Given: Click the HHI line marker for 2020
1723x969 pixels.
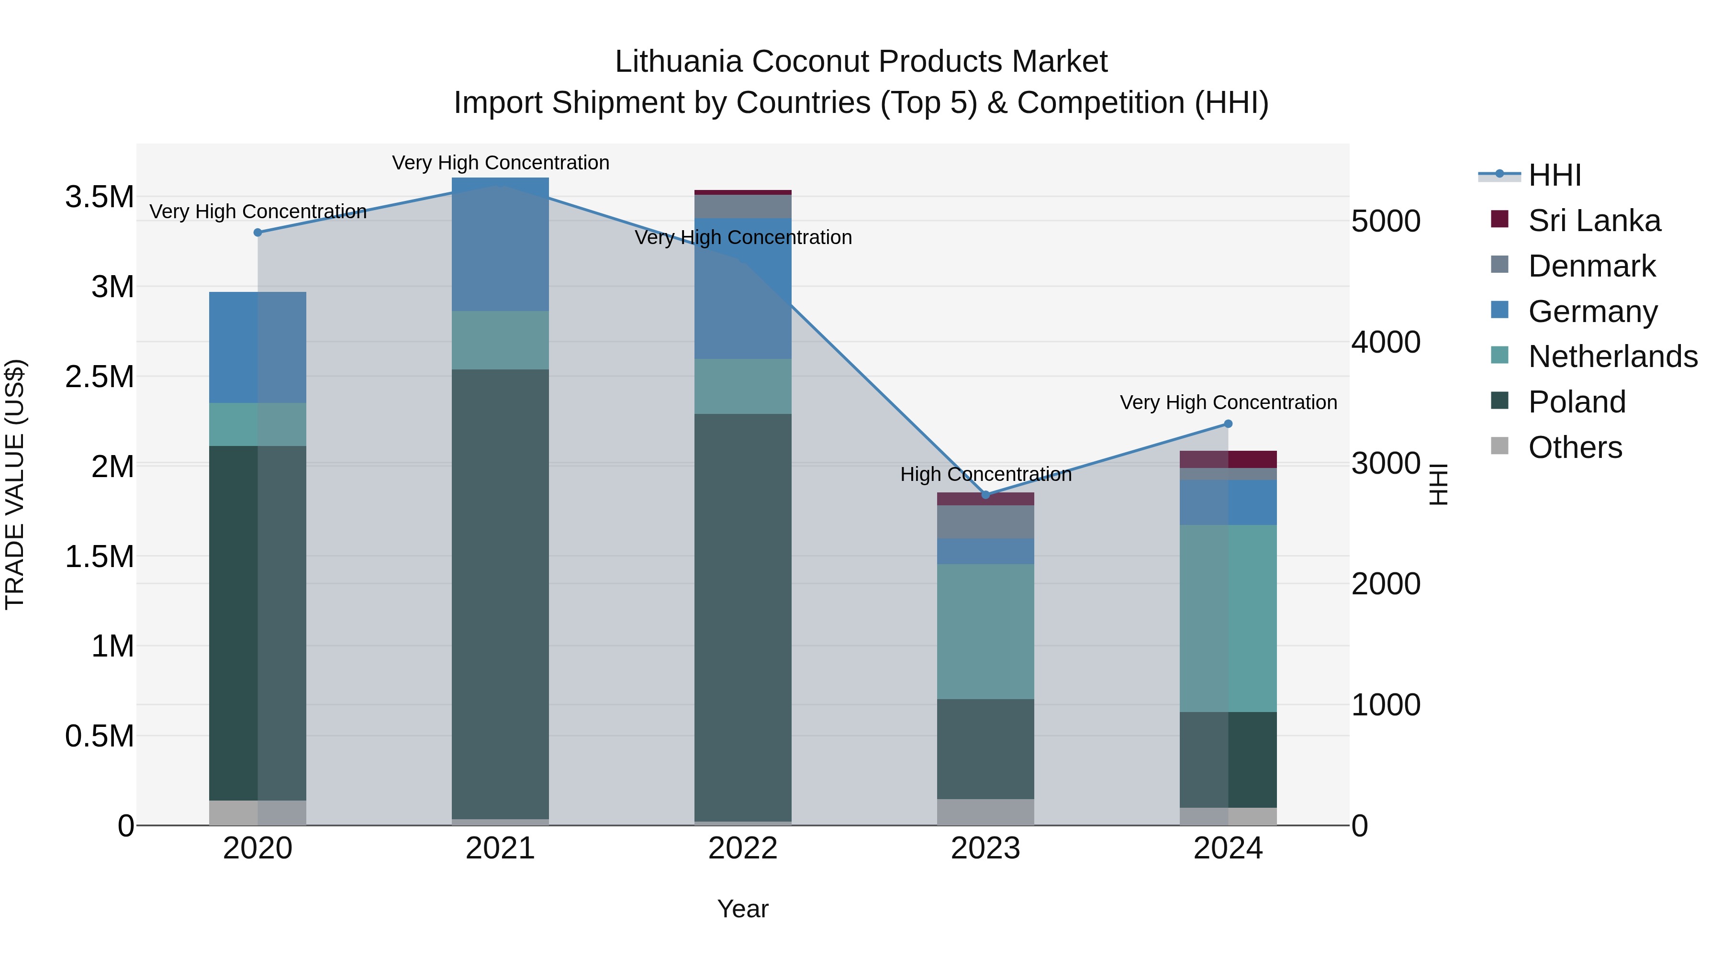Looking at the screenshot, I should tap(257, 232).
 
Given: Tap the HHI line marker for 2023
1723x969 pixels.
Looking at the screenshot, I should tap(985, 495).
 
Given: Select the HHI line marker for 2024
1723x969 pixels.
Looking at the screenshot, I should tap(1228, 424).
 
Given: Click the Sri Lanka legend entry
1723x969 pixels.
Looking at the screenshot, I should tap(1594, 221).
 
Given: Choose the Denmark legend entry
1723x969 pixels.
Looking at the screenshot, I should tap(1591, 266).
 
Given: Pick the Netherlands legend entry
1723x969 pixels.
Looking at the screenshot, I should tap(1612, 356).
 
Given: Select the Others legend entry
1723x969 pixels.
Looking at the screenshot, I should tap(1575, 447).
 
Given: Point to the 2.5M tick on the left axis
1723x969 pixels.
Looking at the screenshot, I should tap(100, 377).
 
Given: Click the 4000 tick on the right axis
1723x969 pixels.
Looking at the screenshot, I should tap(1385, 343).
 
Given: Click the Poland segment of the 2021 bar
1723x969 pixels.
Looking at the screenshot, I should tap(500, 594).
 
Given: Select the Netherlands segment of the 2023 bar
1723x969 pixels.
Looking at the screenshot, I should tap(985, 631).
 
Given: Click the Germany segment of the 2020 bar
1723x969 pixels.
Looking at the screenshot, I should tap(257, 347).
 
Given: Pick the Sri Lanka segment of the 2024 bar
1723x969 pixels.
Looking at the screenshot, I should tap(1228, 459).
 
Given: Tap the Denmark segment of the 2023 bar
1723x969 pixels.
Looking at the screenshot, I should tap(985, 522).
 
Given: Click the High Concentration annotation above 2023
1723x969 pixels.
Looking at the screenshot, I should tap(985, 474).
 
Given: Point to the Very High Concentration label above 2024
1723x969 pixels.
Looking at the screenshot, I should tap(1228, 402).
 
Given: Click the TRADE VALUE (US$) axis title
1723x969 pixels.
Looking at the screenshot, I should tap(15, 484).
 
